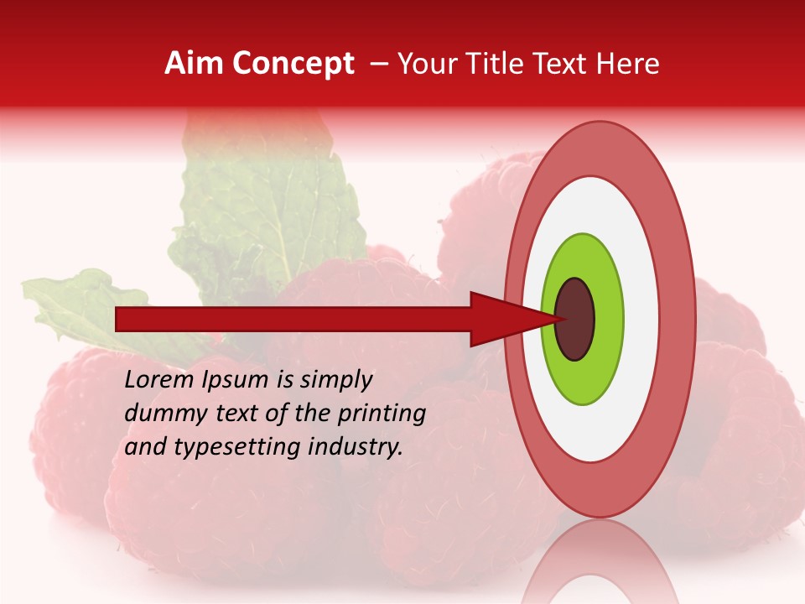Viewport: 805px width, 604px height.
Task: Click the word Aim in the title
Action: point(194,64)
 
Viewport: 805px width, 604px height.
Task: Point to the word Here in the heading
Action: point(629,64)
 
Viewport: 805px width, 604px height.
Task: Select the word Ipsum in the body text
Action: point(236,381)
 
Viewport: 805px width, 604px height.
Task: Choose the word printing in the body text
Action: point(382,414)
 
